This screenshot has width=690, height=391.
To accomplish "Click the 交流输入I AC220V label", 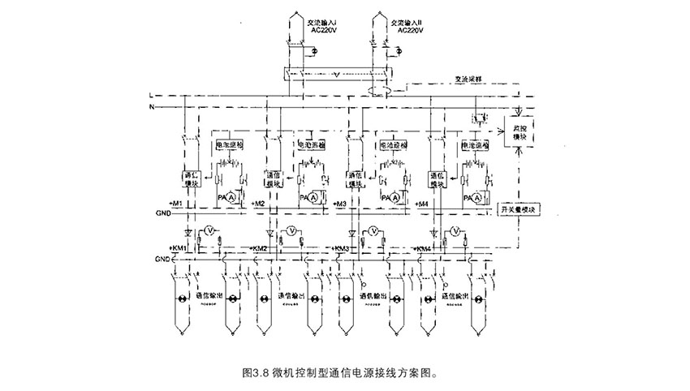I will click(322, 26).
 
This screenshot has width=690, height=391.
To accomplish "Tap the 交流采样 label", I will click(469, 82).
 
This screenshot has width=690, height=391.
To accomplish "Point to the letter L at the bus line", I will click(151, 96).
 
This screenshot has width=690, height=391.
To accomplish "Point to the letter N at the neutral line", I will click(151, 107).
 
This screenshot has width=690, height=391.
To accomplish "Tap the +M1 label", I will click(175, 202).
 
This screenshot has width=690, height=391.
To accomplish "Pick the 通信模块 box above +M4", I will click(437, 178).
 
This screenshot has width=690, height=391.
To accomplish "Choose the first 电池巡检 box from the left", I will click(228, 145).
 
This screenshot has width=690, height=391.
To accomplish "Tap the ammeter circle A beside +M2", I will click(312, 197).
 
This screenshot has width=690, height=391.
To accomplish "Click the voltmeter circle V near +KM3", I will click(373, 232).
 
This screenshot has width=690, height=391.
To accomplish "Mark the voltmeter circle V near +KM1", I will click(208, 232).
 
